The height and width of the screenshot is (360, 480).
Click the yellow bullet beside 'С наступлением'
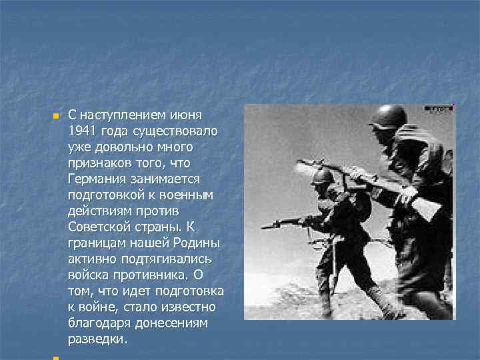(55, 116)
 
